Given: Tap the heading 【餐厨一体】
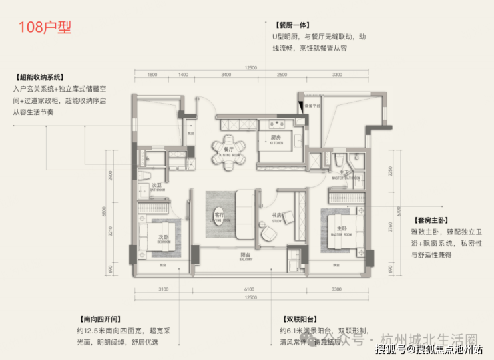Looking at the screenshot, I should coord(292,23).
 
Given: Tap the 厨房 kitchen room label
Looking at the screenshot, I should coord(276,139).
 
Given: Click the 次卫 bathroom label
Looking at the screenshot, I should coord(156,186).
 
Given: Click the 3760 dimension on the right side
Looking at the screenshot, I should coord(388,234).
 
